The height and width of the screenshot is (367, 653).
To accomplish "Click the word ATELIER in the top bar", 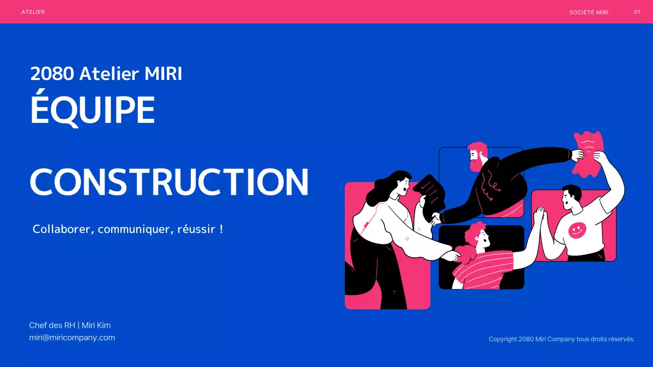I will [33, 12].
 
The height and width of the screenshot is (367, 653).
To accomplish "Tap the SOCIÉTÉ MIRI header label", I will [589, 12].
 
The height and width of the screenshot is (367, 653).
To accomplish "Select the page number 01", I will [637, 12].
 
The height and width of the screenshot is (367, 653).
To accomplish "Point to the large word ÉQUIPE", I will [92, 110].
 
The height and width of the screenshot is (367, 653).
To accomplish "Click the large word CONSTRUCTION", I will [169, 182].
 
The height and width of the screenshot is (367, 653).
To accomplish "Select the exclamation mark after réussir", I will [221, 229].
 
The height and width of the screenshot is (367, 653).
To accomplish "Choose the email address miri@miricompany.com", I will [72, 337].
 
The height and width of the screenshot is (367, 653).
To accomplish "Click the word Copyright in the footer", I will [503, 339].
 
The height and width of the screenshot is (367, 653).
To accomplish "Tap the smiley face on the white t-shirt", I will [577, 230].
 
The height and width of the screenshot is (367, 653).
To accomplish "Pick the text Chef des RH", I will [52, 325].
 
